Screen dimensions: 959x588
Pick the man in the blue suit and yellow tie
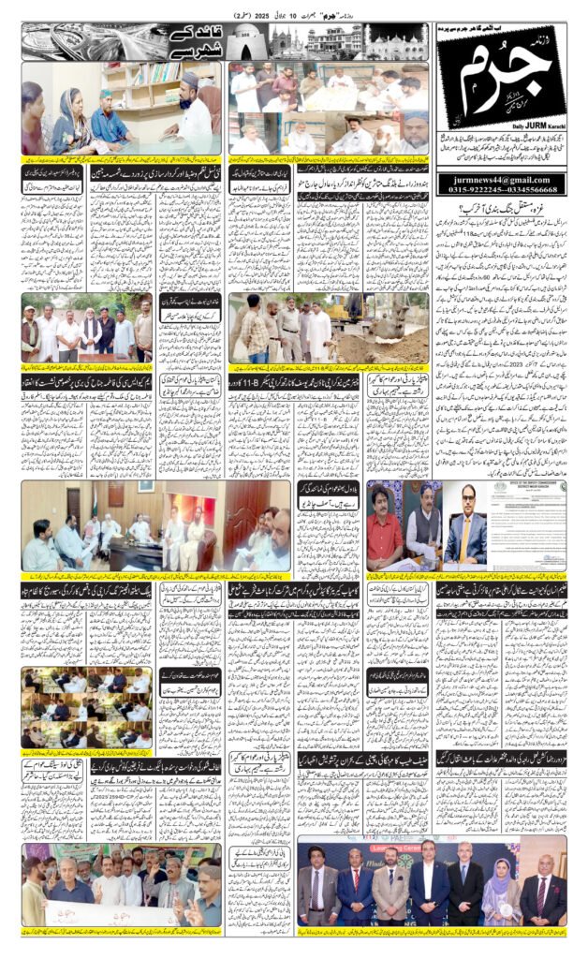[x=465, y=532]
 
